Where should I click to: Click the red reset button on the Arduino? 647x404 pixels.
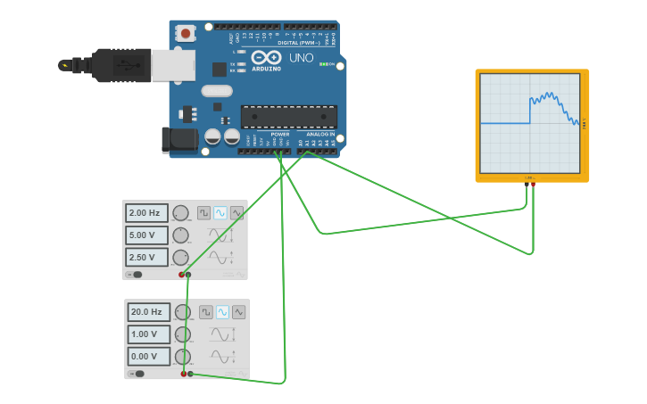pyautogui.click(x=186, y=34)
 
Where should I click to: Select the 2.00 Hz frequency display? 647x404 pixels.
pyautogui.click(x=146, y=213)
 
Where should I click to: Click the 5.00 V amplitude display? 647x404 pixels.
pyautogui.click(x=146, y=235)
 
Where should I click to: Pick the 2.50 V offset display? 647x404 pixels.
pyautogui.click(x=146, y=258)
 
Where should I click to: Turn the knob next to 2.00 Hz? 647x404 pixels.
pyautogui.click(x=181, y=213)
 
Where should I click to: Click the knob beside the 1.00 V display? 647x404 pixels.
pyautogui.click(x=183, y=334)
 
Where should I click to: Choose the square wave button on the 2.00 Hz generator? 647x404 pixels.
pyautogui.click(x=204, y=213)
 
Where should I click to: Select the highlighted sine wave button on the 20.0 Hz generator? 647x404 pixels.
pyautogui.click(x=222, y=312)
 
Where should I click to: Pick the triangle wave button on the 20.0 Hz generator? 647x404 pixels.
pyautogui.click(x=238, y=312)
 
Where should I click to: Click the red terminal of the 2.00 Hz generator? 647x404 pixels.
pyautogui.click(x=181, y=275)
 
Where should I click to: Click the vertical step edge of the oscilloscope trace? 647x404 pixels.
pyautogui.click(x=530, y=111)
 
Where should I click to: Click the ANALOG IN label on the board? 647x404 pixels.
pyautogui.click(x=320, y=135)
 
